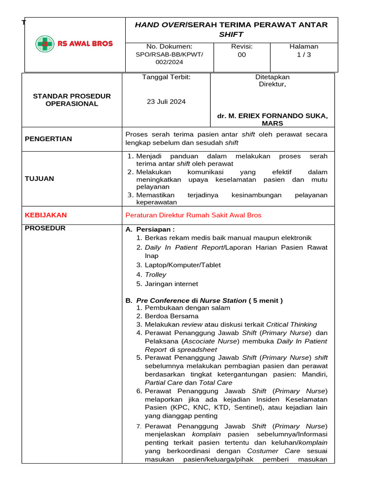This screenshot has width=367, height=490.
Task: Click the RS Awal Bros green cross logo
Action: [45, 44]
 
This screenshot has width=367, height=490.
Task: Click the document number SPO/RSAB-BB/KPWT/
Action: [169, 55]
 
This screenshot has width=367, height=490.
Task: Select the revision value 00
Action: [242, 55]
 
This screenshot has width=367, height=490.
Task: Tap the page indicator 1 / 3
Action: [303, 55]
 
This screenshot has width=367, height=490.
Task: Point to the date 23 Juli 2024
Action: [166, 101]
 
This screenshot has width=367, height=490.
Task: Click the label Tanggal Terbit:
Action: [166, 77]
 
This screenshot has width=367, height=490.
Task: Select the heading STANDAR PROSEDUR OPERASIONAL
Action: [72, 100]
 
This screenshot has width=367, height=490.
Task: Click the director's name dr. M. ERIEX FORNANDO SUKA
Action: [272, 116]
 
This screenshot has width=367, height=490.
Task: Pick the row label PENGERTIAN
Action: [48, 139]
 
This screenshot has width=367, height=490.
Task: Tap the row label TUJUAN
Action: [39, 178]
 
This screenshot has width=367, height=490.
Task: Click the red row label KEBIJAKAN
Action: [46, 215]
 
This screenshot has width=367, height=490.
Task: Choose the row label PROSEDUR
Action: [45, 228]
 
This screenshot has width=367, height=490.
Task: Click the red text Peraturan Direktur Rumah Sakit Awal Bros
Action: [193, 215]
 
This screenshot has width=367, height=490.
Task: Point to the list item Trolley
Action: [155, 275]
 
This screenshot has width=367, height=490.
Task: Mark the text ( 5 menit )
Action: [266, 301]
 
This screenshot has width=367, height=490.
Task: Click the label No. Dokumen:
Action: [169, 46]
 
